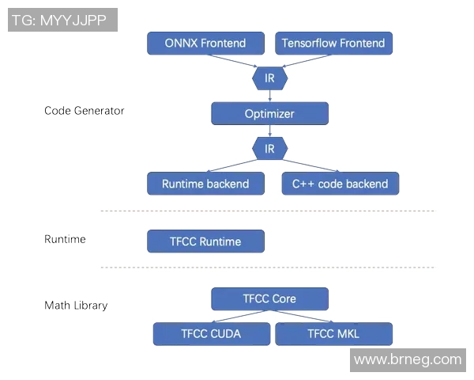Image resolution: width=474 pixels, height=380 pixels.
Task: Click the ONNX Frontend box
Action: pyautogui.click(x=205, y=44)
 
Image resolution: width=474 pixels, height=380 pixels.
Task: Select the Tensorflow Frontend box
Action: pyautogui.click(x=333, y=44)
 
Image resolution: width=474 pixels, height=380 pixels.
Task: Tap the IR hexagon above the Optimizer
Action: pyautogui.click(x=269, y=78)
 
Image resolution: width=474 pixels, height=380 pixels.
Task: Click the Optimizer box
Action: pyautogui.click(x=269, y=114)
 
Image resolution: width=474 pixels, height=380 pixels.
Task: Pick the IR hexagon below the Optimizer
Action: pyautogui.click(x=269, y=148)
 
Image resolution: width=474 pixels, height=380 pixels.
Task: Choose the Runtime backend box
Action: pyautogui.click(x=205, y=184)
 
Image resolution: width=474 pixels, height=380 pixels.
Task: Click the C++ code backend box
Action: pyautogui.click(x=340, y=184)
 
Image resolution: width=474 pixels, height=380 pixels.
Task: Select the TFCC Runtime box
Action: pyautogui.click(x=205, y=241)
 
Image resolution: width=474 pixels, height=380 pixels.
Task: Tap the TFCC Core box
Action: pyautogui.click(x=269, y=298)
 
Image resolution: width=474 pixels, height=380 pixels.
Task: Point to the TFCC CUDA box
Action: pyautogui.click(x=212, y=333)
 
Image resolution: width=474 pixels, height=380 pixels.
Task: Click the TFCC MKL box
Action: pyautogui.click(x=333, y=333)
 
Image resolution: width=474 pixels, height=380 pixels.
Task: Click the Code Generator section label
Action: pyautogui.click(x=84, y=111)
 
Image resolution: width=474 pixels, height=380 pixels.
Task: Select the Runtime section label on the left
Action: pyautogui.click(x=65, y=239)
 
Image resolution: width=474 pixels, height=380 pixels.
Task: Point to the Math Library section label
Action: pyautogui.click(x=76, y=305)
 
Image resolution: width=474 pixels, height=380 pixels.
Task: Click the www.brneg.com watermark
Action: pyautogui.click(x=408, y=359)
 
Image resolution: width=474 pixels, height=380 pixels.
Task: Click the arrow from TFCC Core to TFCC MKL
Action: pyautogui.click(x=303, y=316)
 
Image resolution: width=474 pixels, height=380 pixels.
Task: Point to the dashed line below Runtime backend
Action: pyautogui.click(x=267, y=211)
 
